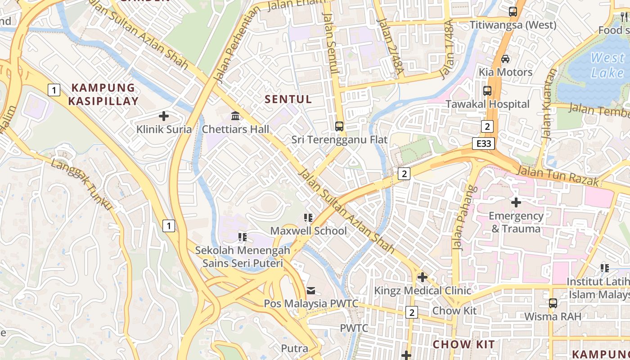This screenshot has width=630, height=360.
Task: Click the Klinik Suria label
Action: tap(164, 130)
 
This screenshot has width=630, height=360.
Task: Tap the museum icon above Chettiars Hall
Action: tap(235, 116)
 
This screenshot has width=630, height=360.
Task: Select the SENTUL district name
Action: tap(288, 99)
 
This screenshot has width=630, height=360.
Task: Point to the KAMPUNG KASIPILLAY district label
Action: tap(103, 94)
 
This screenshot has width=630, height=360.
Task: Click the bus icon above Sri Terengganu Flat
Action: tap(339, 126)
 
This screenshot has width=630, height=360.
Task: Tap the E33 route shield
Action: tap(484, 144)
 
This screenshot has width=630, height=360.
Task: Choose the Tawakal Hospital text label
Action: tap(487, 104)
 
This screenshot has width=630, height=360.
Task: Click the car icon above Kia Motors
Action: tap(505, 59)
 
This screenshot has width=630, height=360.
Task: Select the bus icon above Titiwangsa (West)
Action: tap(513, 12)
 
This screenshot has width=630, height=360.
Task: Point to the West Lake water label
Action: tap(607, 65)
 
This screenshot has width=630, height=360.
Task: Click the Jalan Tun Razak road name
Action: tap(558, 175)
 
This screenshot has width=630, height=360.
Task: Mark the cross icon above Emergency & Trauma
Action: tap(516, 202)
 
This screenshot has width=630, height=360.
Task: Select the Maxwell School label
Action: tap(308, 231)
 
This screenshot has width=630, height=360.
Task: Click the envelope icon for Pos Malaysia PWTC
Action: tap(311, 290)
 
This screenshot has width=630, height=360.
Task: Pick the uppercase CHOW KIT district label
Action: tap(463, 345)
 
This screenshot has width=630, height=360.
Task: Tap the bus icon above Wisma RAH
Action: tap(553, 303)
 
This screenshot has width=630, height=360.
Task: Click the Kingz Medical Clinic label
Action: tap(423, 291)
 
